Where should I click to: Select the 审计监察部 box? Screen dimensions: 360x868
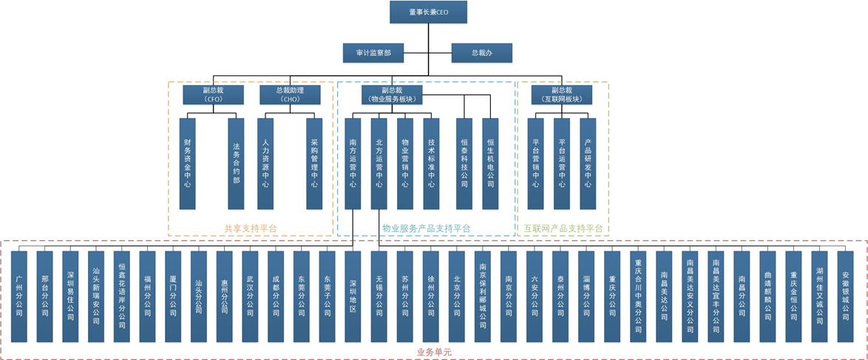[x=373, y=53]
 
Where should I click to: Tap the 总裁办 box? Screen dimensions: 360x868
[x=481, y=53]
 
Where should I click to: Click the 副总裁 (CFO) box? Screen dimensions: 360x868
[x=213, y=95]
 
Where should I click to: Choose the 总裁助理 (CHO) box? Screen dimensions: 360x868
[x=290, y=95]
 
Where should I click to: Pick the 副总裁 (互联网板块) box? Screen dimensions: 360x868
[x=561, y=95]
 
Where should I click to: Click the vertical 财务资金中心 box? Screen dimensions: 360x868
[x=188, y=163]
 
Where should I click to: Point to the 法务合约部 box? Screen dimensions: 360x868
[x=236, y=163]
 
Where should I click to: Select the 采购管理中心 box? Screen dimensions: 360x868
[x=314, y=163]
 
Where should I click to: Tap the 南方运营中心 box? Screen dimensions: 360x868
[x=353, y=163]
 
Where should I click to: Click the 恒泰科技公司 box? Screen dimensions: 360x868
[x=464, y=163]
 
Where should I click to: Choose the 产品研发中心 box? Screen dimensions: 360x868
[x=588, y=163]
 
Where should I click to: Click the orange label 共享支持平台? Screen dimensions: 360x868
[x=250, y=229]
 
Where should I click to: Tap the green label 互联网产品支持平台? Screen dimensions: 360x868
[x=563, y=229]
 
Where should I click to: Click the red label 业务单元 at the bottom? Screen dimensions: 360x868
[x=434, y=353]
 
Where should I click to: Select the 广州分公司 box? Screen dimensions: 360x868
[x=19, y=296]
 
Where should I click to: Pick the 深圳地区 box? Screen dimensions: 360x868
[x=353, y=296]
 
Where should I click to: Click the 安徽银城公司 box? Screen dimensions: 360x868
[x=845, y=296]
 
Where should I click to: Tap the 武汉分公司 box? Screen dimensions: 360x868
[x=250, y=296]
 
